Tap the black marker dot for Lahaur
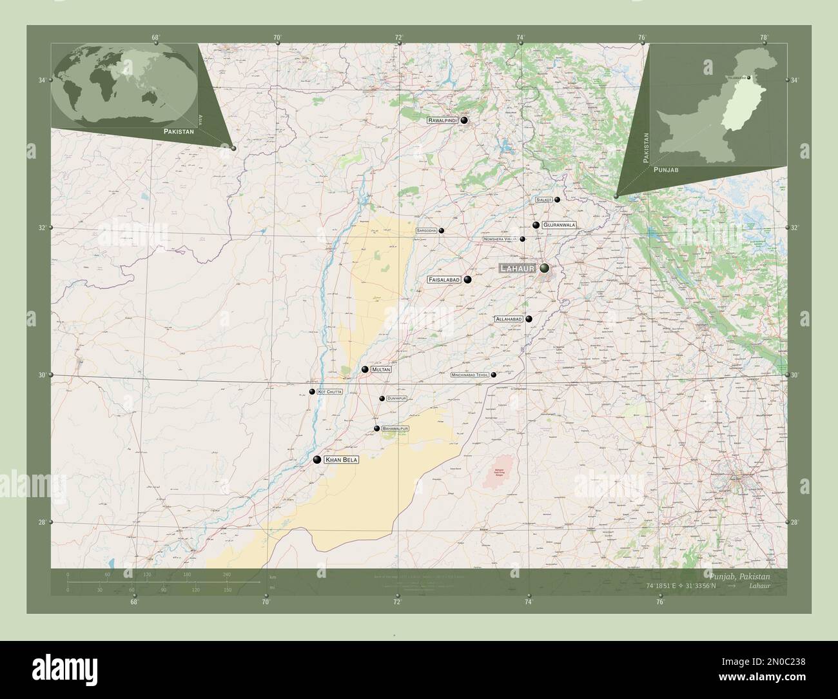(x=545, y=268)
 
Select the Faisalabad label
(x=444, y=280)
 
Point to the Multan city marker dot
(x=365, y=369)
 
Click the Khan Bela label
(x=341, y=460)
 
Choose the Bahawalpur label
(x=395, y=428)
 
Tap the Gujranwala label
(x=558, y=225)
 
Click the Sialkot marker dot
(x=557, y=200)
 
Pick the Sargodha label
(x=427, y=230)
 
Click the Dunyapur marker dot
(x=382, y=399)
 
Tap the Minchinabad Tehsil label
(x=470, y=375)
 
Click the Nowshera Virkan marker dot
(x=523, y=239)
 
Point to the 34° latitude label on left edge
(x=41, y=80)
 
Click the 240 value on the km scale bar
(x=226, y=575)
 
